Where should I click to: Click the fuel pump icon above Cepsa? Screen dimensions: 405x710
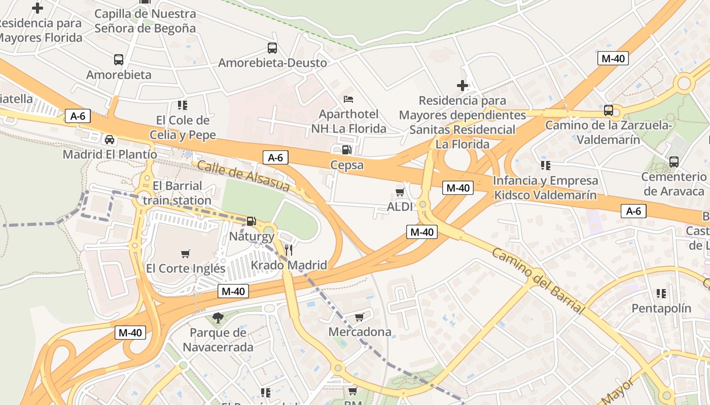[347, 149]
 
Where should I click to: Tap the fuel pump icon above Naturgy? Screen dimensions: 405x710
[251, 221]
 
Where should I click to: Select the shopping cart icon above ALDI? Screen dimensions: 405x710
[400, 192]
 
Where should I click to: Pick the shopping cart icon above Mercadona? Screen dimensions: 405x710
[360, 317]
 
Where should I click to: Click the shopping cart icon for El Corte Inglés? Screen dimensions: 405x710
[186, 254]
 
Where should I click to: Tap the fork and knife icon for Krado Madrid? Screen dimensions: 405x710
[289, 250]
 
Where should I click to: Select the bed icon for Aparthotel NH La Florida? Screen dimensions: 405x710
[348, 99]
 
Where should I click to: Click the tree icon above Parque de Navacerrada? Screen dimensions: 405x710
[218, 318]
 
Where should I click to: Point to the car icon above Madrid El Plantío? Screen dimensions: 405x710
[110, 139]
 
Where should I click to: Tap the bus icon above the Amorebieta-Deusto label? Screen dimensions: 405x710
[272, 48]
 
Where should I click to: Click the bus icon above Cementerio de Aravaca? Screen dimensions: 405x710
[673, 162]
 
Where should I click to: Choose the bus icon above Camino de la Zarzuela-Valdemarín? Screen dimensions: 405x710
[609, 110]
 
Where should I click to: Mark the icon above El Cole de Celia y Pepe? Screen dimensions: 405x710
[183, 105]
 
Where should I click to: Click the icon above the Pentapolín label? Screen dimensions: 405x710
[661, 294]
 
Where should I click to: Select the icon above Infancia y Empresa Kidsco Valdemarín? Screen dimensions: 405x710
[545, 166]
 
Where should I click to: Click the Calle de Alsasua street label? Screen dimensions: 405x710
[243, 176]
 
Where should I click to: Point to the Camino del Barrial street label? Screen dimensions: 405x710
[538, 280]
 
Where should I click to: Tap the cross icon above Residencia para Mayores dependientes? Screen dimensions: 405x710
[463, 86]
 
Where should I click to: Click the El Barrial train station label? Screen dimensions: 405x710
[177, 193]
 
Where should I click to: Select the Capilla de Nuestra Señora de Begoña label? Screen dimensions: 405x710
[145, 21]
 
